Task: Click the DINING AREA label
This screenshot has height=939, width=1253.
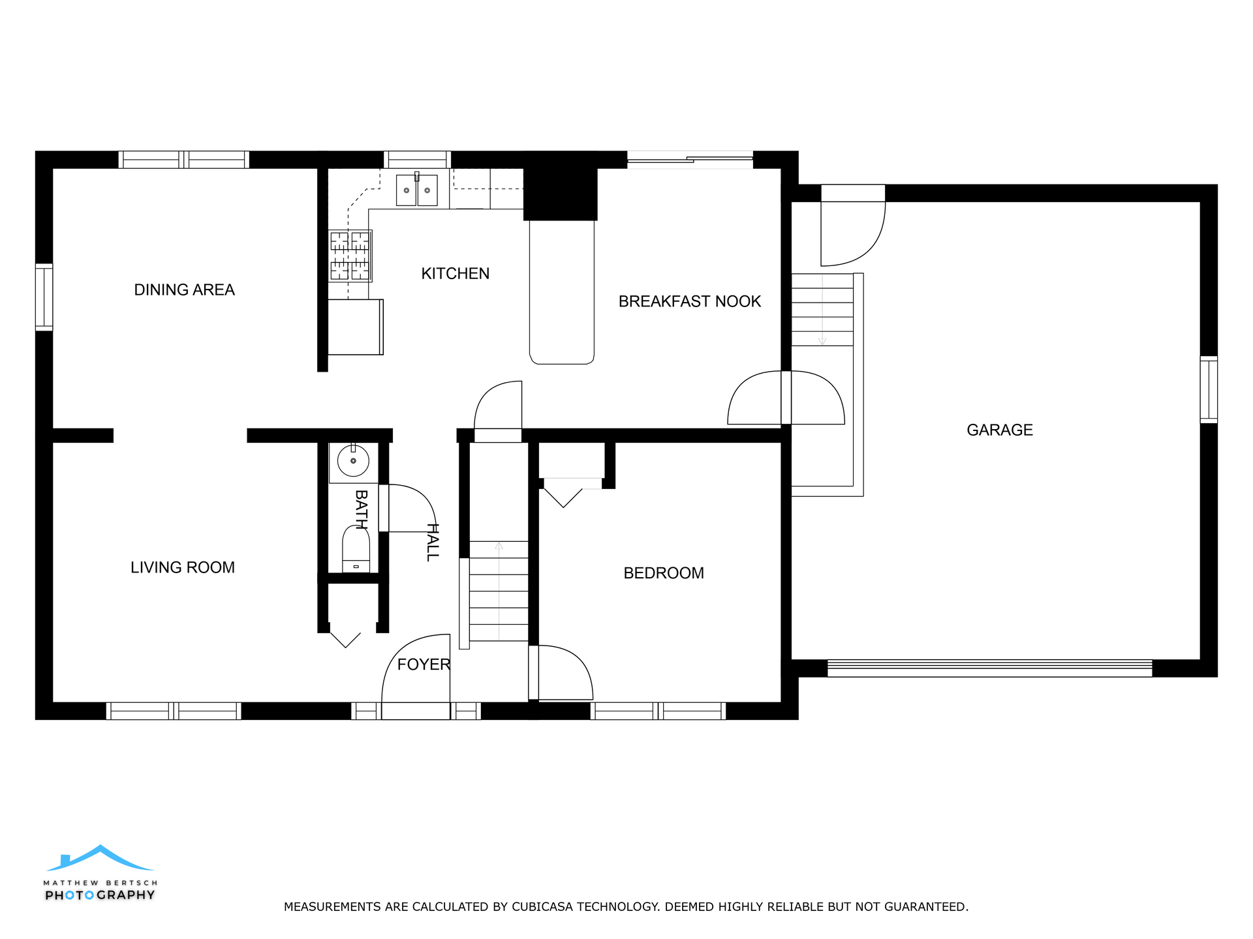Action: pos(184,290)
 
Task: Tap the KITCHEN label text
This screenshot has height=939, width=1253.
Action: pos(456,273)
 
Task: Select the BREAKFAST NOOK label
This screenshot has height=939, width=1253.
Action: pos(690,301)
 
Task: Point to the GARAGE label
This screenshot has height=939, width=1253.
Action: pos(1000,430)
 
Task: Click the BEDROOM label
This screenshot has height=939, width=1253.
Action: pos(664,573)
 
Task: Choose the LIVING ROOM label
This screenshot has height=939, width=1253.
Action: pos(183,567)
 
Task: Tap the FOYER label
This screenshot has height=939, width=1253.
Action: pos(424,664)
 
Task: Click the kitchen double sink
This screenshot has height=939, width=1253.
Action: pos(417,190)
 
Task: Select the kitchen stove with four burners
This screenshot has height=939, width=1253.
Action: pos(350,256)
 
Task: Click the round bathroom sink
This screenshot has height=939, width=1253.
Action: pos(353,461)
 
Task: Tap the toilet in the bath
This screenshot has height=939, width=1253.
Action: pos(356,549)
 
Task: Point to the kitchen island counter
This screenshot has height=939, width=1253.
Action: pos(562,292)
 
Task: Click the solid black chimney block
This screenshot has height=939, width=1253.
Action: pos(561,186)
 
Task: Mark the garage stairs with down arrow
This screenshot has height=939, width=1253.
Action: pos(822,310)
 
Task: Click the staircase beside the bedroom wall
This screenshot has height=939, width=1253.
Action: pos(499,591)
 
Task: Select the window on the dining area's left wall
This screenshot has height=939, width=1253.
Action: pos(44,297)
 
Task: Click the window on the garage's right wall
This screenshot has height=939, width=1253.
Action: pos(1209,390)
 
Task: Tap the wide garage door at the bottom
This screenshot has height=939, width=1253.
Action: pos(989,668)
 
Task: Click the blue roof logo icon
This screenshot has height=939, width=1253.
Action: pos(100,858)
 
